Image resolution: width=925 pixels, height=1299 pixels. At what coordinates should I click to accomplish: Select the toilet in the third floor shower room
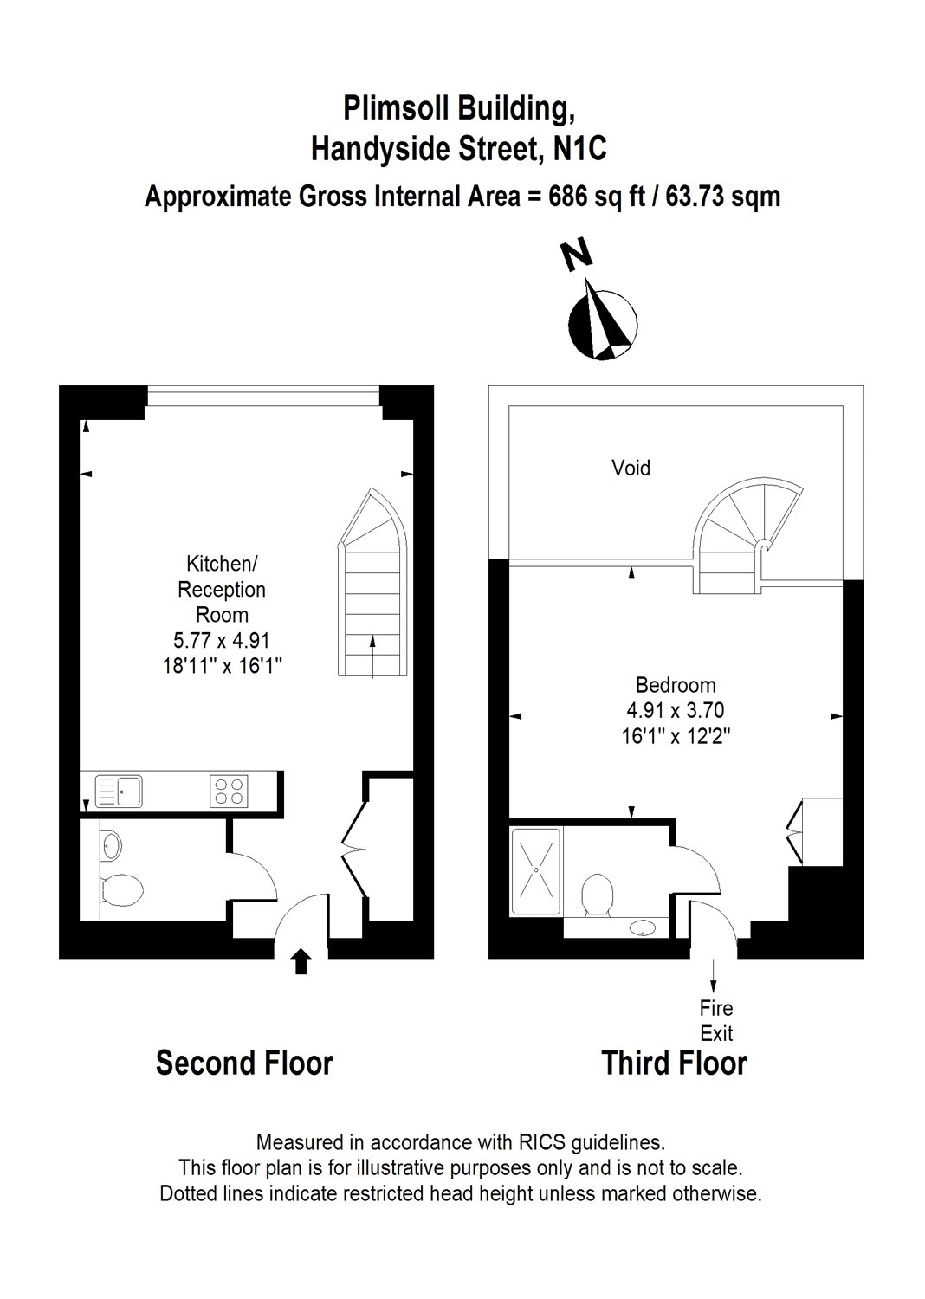pos(598,894)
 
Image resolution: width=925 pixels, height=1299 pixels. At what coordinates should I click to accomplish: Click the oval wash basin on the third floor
pos(642,929)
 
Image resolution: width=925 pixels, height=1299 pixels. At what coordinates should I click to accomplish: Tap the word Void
pos(631,469)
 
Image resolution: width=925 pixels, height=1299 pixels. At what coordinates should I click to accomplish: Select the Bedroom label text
pos(675,685)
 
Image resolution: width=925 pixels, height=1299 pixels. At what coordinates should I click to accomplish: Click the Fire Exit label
pos(716,1020)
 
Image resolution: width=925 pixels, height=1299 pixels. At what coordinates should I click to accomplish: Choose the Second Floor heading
pos(244,1063)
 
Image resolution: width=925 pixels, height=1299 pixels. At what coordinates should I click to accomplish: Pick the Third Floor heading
pos(674,1063)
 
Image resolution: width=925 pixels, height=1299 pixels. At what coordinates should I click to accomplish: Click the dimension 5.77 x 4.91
pos(222,641)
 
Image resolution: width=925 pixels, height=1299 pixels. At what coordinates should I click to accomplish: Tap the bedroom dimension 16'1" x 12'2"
pos(675,736)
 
